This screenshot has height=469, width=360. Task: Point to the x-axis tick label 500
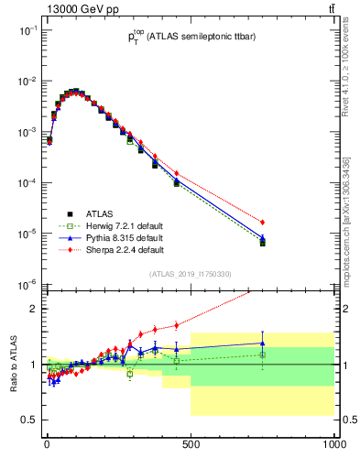click(x=191, y=445)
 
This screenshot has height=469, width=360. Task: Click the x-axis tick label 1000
click(x=332, y=445)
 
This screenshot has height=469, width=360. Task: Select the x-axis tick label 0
click(x=47, y=445)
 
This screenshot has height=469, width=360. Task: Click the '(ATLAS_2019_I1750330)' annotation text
click(x=190, y=273)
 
